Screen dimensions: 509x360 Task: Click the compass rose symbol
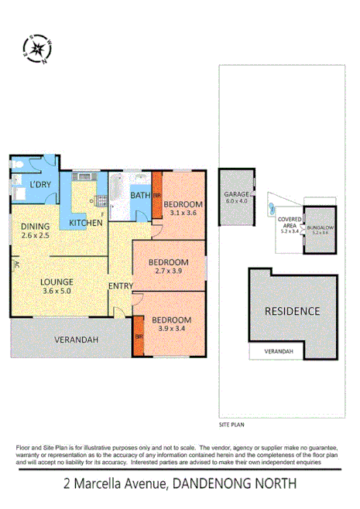pyautogui.click(x=36, y=50)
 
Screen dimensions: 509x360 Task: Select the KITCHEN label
pyautogui.click(x=86, y=223)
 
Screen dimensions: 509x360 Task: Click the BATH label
pyautogui.click(x=139, y=196)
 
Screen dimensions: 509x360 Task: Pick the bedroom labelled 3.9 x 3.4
pyautogui.click(x=171, y=325)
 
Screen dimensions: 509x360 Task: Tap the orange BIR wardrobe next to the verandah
pyautogui.click(x=139, y=337)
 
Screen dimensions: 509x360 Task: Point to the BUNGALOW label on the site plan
pyautogui.click(x=320, y=229)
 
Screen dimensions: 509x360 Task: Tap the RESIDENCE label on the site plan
pyautogui.click(x=293, y=311)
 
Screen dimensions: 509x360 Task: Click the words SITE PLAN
pyautogui.click(x=232, y=425)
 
